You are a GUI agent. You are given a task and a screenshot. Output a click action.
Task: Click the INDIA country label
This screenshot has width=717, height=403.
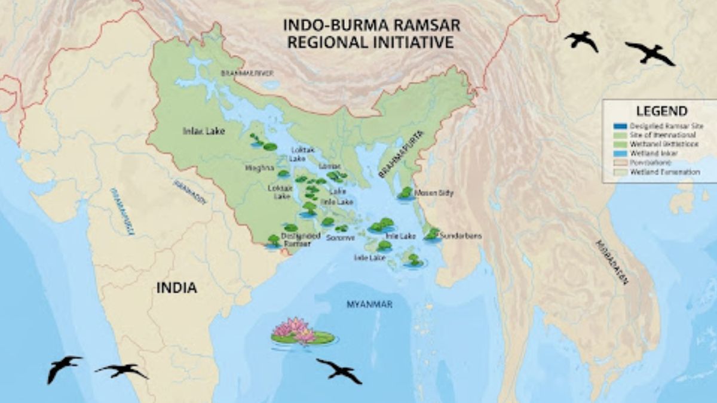(176, 288)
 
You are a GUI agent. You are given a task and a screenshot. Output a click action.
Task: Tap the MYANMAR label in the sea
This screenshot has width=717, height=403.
(369, 304)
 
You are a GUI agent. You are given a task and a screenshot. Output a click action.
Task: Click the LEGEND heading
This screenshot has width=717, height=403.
(661, 111)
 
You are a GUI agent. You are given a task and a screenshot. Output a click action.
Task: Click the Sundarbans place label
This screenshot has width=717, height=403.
(461, 236)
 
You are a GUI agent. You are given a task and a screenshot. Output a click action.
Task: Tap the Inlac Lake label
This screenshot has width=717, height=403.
(204, 131)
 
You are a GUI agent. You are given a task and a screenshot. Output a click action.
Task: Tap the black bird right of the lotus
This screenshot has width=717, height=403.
(339, 371)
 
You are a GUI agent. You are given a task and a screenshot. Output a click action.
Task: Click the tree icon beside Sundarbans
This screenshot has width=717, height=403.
(432, 234)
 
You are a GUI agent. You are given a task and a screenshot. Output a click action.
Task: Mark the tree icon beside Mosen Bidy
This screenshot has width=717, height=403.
(406, 193)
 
